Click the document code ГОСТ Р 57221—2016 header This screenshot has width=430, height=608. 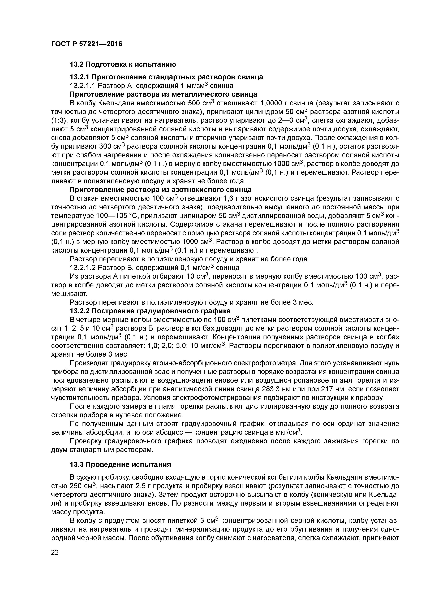[x=87, y=44]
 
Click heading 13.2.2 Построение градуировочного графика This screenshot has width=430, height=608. [x=150, y=310]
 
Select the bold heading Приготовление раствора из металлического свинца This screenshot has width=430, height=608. [x=163, y=94]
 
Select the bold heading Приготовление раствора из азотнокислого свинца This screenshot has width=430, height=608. [x=161, y=190]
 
